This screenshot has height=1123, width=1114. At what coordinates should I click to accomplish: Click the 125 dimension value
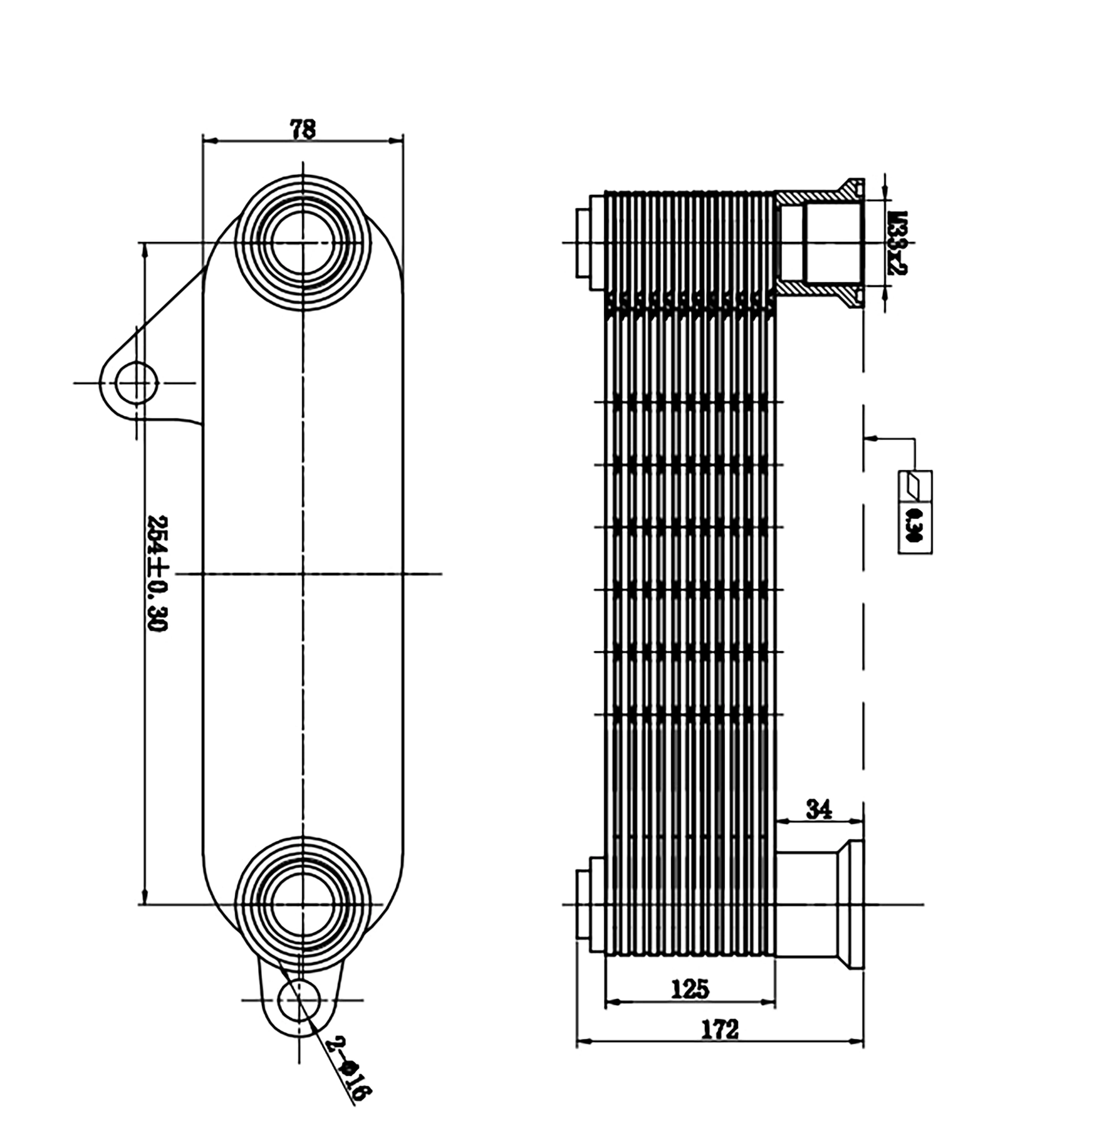tap(690, 988)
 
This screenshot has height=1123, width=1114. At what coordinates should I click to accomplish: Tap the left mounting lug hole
tap(137, 383)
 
